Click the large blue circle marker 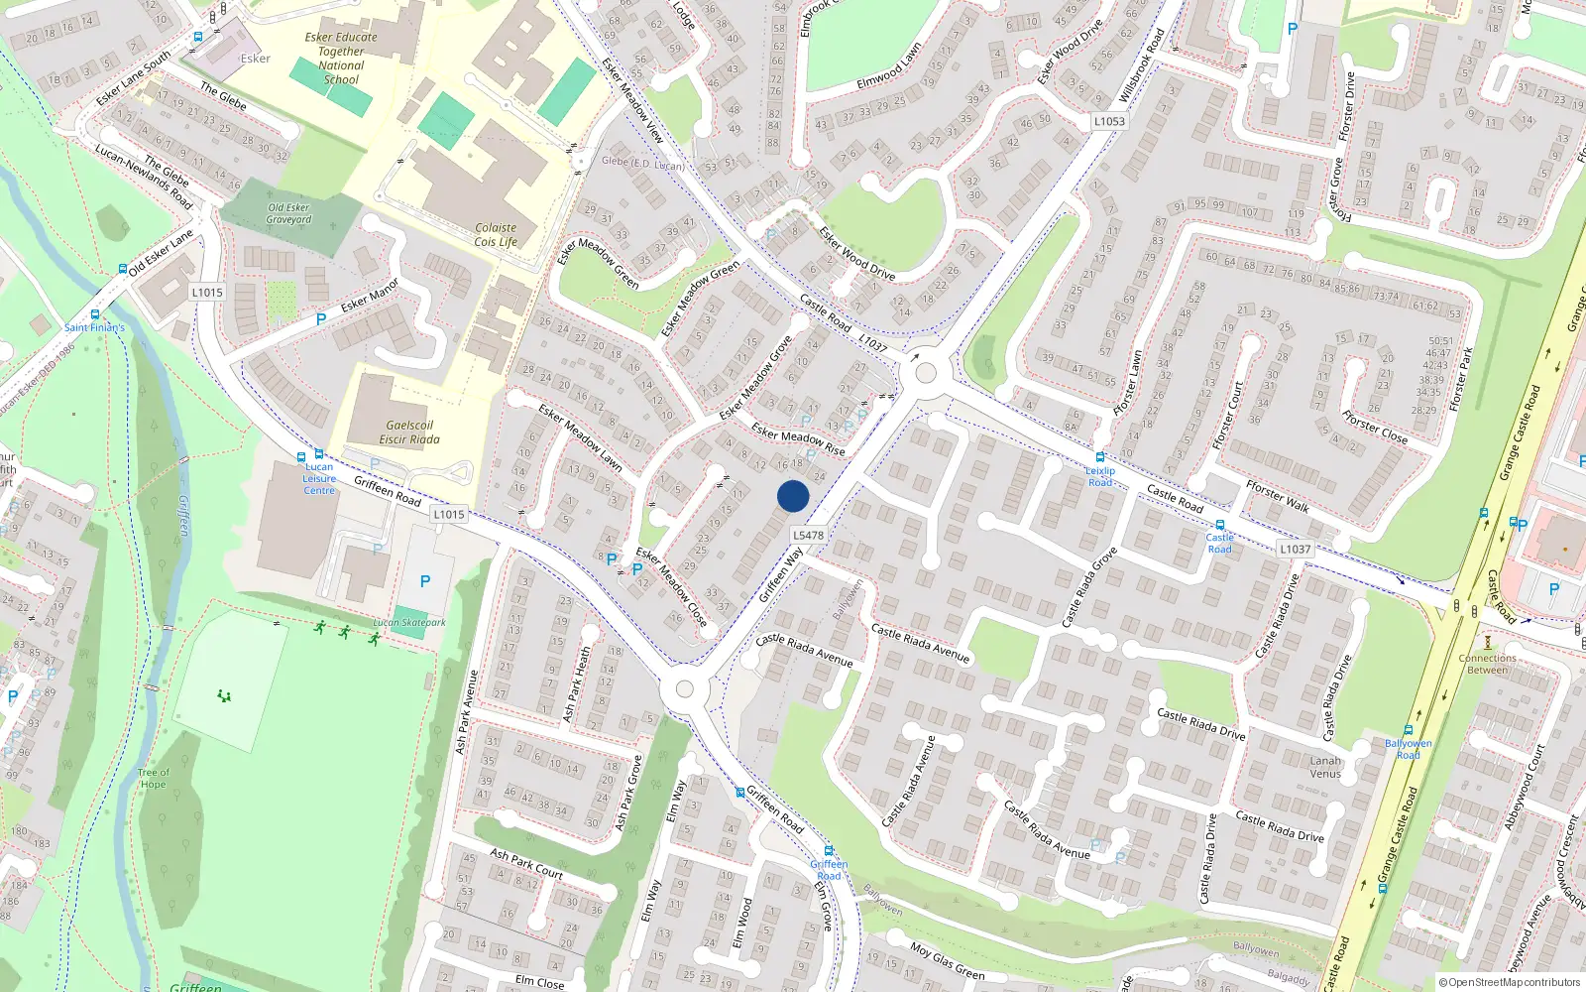click(x=793, y=496)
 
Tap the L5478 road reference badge click(x=808, y=535)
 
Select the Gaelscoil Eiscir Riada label click(x=409, y=433)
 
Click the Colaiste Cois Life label click(x=496, y=234)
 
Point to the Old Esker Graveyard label click(x=288, y=213)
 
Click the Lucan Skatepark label click(x=409, y=623)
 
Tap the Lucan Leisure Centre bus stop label click(x=319, y=478)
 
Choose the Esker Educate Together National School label click(x=341, y=59)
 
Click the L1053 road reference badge click(x=1109, y=121)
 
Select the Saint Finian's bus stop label click(x=94, y=327)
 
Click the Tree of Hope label click(x=153, y=778)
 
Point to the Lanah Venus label click(x=1325, y=767)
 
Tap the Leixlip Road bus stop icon click(x=1099, y=457)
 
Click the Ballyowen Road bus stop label click(x=1408, y=749)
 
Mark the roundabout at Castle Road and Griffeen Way click(x=926, y=373)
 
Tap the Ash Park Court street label click(x=526, y=864)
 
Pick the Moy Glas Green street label click(x=947, y=959)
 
